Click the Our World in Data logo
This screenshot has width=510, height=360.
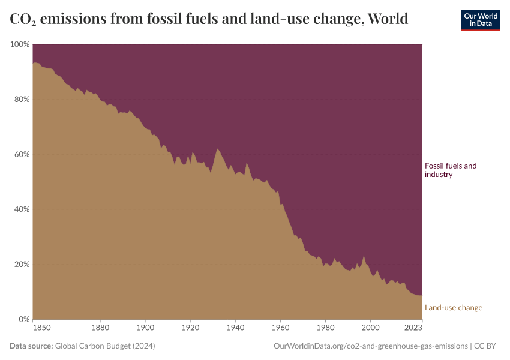coord(480,20)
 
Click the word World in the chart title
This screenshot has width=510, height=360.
coord(388,19)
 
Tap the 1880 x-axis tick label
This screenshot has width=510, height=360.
coord(100,328)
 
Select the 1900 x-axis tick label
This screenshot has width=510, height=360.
coord(145,328)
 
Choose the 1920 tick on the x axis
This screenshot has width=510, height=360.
coord(190,328)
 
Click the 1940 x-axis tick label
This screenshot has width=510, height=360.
coord(235,328)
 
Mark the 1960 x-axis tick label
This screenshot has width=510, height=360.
coord(280,328)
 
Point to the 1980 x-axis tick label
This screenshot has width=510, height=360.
coord(325,328)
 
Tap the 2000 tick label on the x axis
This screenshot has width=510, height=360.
coord(370,328)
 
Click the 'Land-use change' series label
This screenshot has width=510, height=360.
coord(453,308)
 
